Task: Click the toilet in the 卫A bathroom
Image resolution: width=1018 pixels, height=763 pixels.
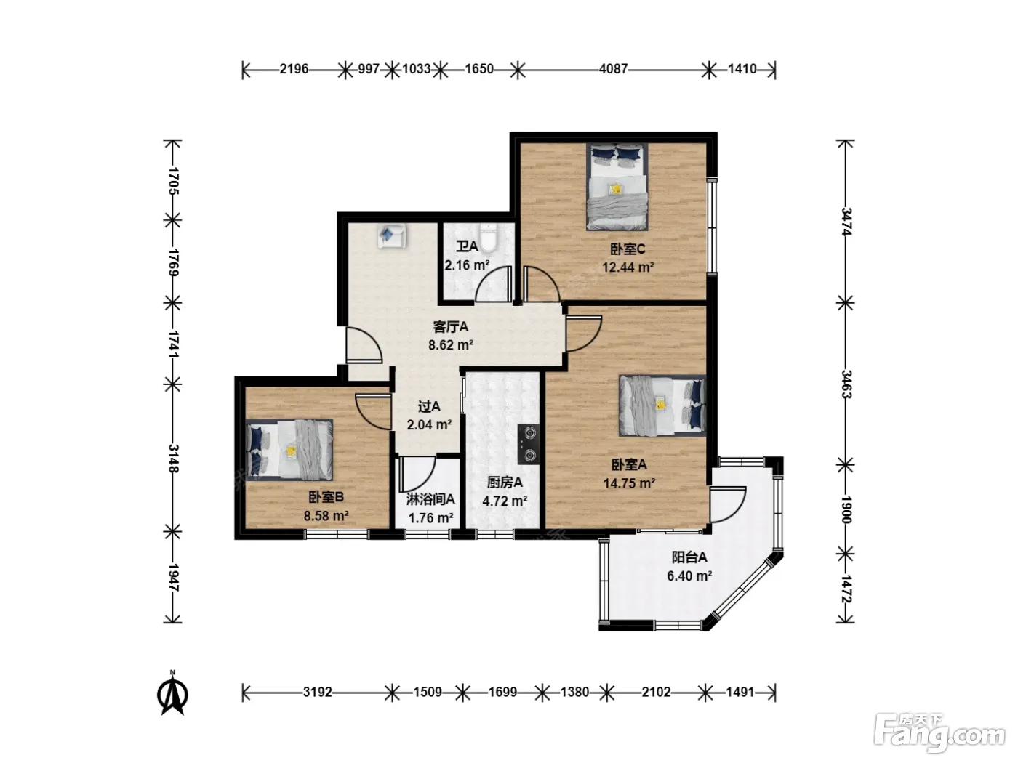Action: [x=488, y=238]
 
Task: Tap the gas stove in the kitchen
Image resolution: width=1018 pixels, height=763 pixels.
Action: [x=529, y=444]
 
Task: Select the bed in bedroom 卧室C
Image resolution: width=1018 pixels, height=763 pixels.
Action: [x=617, y=187]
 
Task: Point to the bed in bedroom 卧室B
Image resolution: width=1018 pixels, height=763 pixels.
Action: [x=289, y=449]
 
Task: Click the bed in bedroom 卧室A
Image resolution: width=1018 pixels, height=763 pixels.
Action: [x=662, y=405]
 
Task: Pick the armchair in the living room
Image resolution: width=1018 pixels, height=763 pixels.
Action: [x=392, y=235]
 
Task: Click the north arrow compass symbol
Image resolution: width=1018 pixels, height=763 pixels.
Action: [x=172, y=693]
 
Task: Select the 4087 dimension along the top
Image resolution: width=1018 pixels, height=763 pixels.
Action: [x=613, y=69]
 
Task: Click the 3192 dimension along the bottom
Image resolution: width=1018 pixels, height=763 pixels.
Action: [x=318, y=692]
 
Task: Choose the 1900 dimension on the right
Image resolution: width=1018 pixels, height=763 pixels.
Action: [x=846, y=509]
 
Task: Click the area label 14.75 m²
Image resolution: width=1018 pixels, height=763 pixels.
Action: [x=629, y=483]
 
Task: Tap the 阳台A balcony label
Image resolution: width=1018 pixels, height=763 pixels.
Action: [x=689, y=557]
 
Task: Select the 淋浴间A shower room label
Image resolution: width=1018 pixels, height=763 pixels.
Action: [x=430, y=499]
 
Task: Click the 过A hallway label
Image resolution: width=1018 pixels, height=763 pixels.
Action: [x=429, y=406]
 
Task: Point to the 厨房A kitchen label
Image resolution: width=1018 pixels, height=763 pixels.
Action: [x=505, y=483]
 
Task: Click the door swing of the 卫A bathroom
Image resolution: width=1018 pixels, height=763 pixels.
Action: [x=494, y=284]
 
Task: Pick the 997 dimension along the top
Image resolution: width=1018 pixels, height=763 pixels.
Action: [x=369, y=69]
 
